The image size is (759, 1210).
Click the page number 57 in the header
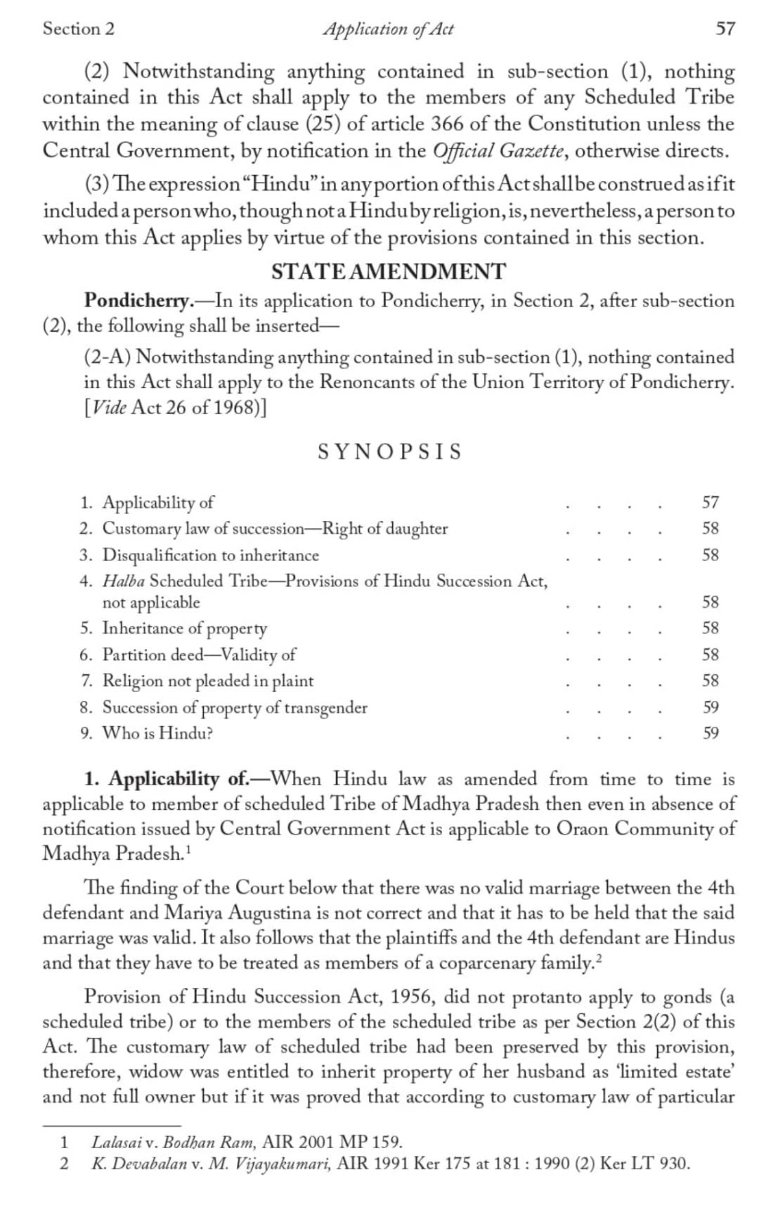[x=725, y=29]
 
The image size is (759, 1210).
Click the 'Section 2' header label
[x=78, y=29]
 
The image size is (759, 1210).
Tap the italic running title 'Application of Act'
[x=388, y=29]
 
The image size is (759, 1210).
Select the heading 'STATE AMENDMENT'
[x=388, y=271]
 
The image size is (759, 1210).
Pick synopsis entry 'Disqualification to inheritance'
[x=210, y=555]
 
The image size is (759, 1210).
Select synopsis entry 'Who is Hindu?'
[x=157, y=733]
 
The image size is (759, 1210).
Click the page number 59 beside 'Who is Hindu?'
[x=710, y=733]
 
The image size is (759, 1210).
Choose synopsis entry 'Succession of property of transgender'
[x=235, y=707]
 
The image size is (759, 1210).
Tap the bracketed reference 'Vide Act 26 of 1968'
[x=175, y=408]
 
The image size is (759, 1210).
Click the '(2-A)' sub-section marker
[x=108, y=357]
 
